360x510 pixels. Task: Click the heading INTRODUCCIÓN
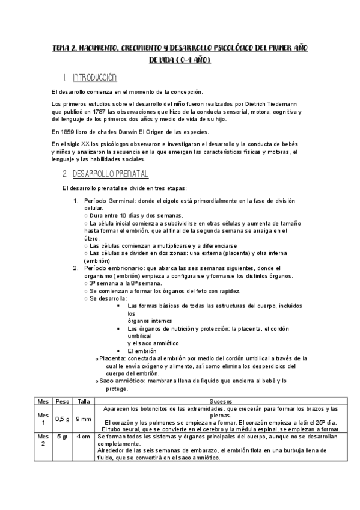coord(94,78)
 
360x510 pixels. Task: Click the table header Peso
coord(63,400)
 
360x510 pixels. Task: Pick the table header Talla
coord(84,400)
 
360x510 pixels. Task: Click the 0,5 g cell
coord(63,418)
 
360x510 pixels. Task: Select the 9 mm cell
coord(84,418)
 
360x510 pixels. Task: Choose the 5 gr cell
coord(63,437)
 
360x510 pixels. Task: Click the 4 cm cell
coord(84,437)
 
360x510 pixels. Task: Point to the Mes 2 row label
coord(43,440)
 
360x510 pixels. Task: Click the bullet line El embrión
coord(142,351)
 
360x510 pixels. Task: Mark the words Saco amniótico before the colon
coord(121,381)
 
